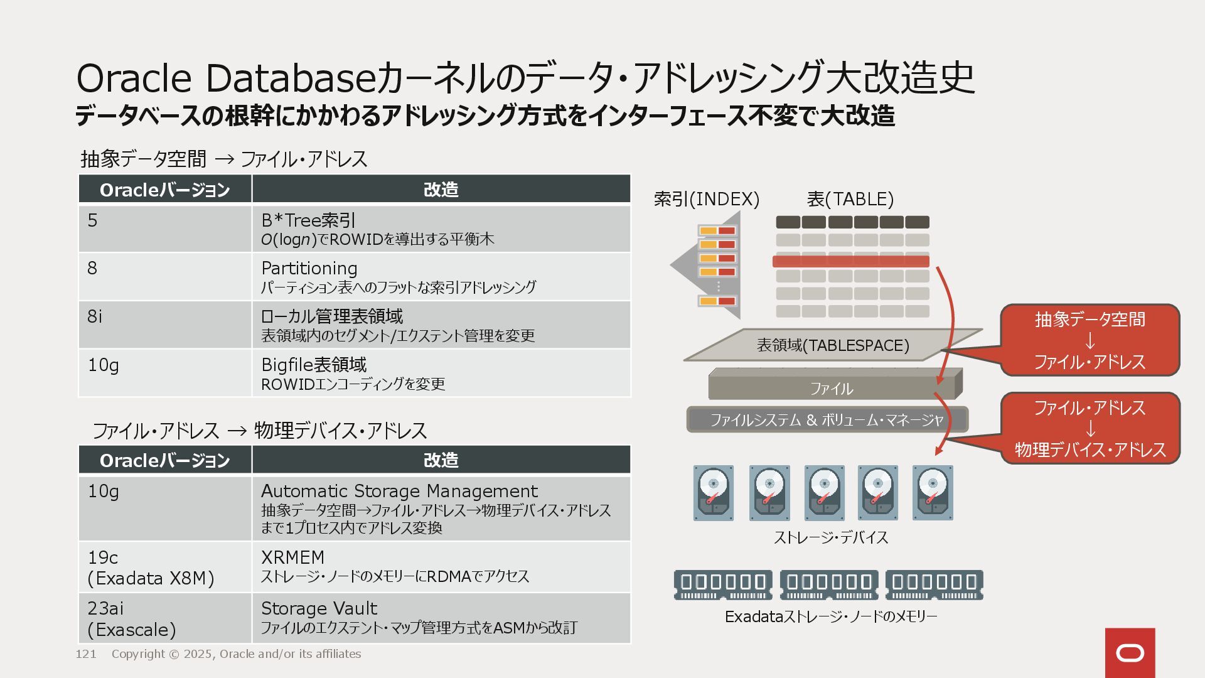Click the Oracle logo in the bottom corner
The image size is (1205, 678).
[x=1130, y=653]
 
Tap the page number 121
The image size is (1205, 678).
[x=86, y=654]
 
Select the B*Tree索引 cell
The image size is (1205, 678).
[x=309, y=220]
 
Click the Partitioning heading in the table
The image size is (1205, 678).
[x=309, y=268]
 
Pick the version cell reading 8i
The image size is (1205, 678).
[x=95, y=316]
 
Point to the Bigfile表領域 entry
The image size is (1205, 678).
[x=314, y=365]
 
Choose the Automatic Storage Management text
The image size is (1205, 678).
[x=399, y=491]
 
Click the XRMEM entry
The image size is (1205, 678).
[x=292, y=557]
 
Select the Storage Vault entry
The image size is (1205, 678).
[x=319, y=608]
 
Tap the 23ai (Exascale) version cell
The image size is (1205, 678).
[x=132, y=618]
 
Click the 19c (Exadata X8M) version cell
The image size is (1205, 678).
[x=151, y=568]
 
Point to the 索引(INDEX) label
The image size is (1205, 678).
[x=707, y=199]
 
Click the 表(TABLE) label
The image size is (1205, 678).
[x=850, y=199]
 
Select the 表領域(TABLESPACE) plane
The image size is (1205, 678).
[x=833, y=345]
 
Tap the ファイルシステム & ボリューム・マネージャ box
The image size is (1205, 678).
[x=827, y=419]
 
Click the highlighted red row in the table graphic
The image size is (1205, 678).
[x=850, y=261]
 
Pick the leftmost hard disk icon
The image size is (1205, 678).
[x=714, y=493]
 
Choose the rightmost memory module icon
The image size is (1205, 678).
[x=934, y=584]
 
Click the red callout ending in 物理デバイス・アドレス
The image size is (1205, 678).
[x=1090, y=429]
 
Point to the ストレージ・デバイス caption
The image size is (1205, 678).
[x=831, y=537]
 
